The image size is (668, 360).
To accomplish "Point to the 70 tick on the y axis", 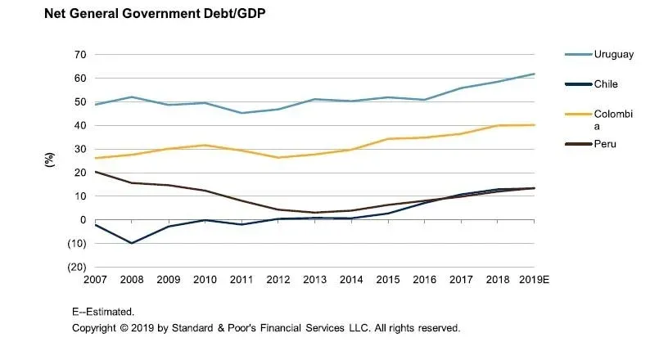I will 80,55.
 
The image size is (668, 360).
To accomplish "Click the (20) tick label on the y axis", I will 76,268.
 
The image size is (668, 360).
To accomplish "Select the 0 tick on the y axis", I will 83,220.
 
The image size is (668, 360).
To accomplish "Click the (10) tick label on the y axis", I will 76,244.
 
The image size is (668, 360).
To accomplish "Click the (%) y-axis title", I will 48,160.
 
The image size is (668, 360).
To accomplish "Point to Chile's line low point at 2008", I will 132,243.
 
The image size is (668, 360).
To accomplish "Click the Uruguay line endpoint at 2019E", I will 535,74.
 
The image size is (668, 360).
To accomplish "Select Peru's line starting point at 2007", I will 96,172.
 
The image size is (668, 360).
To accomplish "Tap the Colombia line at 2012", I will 278,158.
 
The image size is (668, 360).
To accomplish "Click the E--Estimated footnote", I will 103,312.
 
